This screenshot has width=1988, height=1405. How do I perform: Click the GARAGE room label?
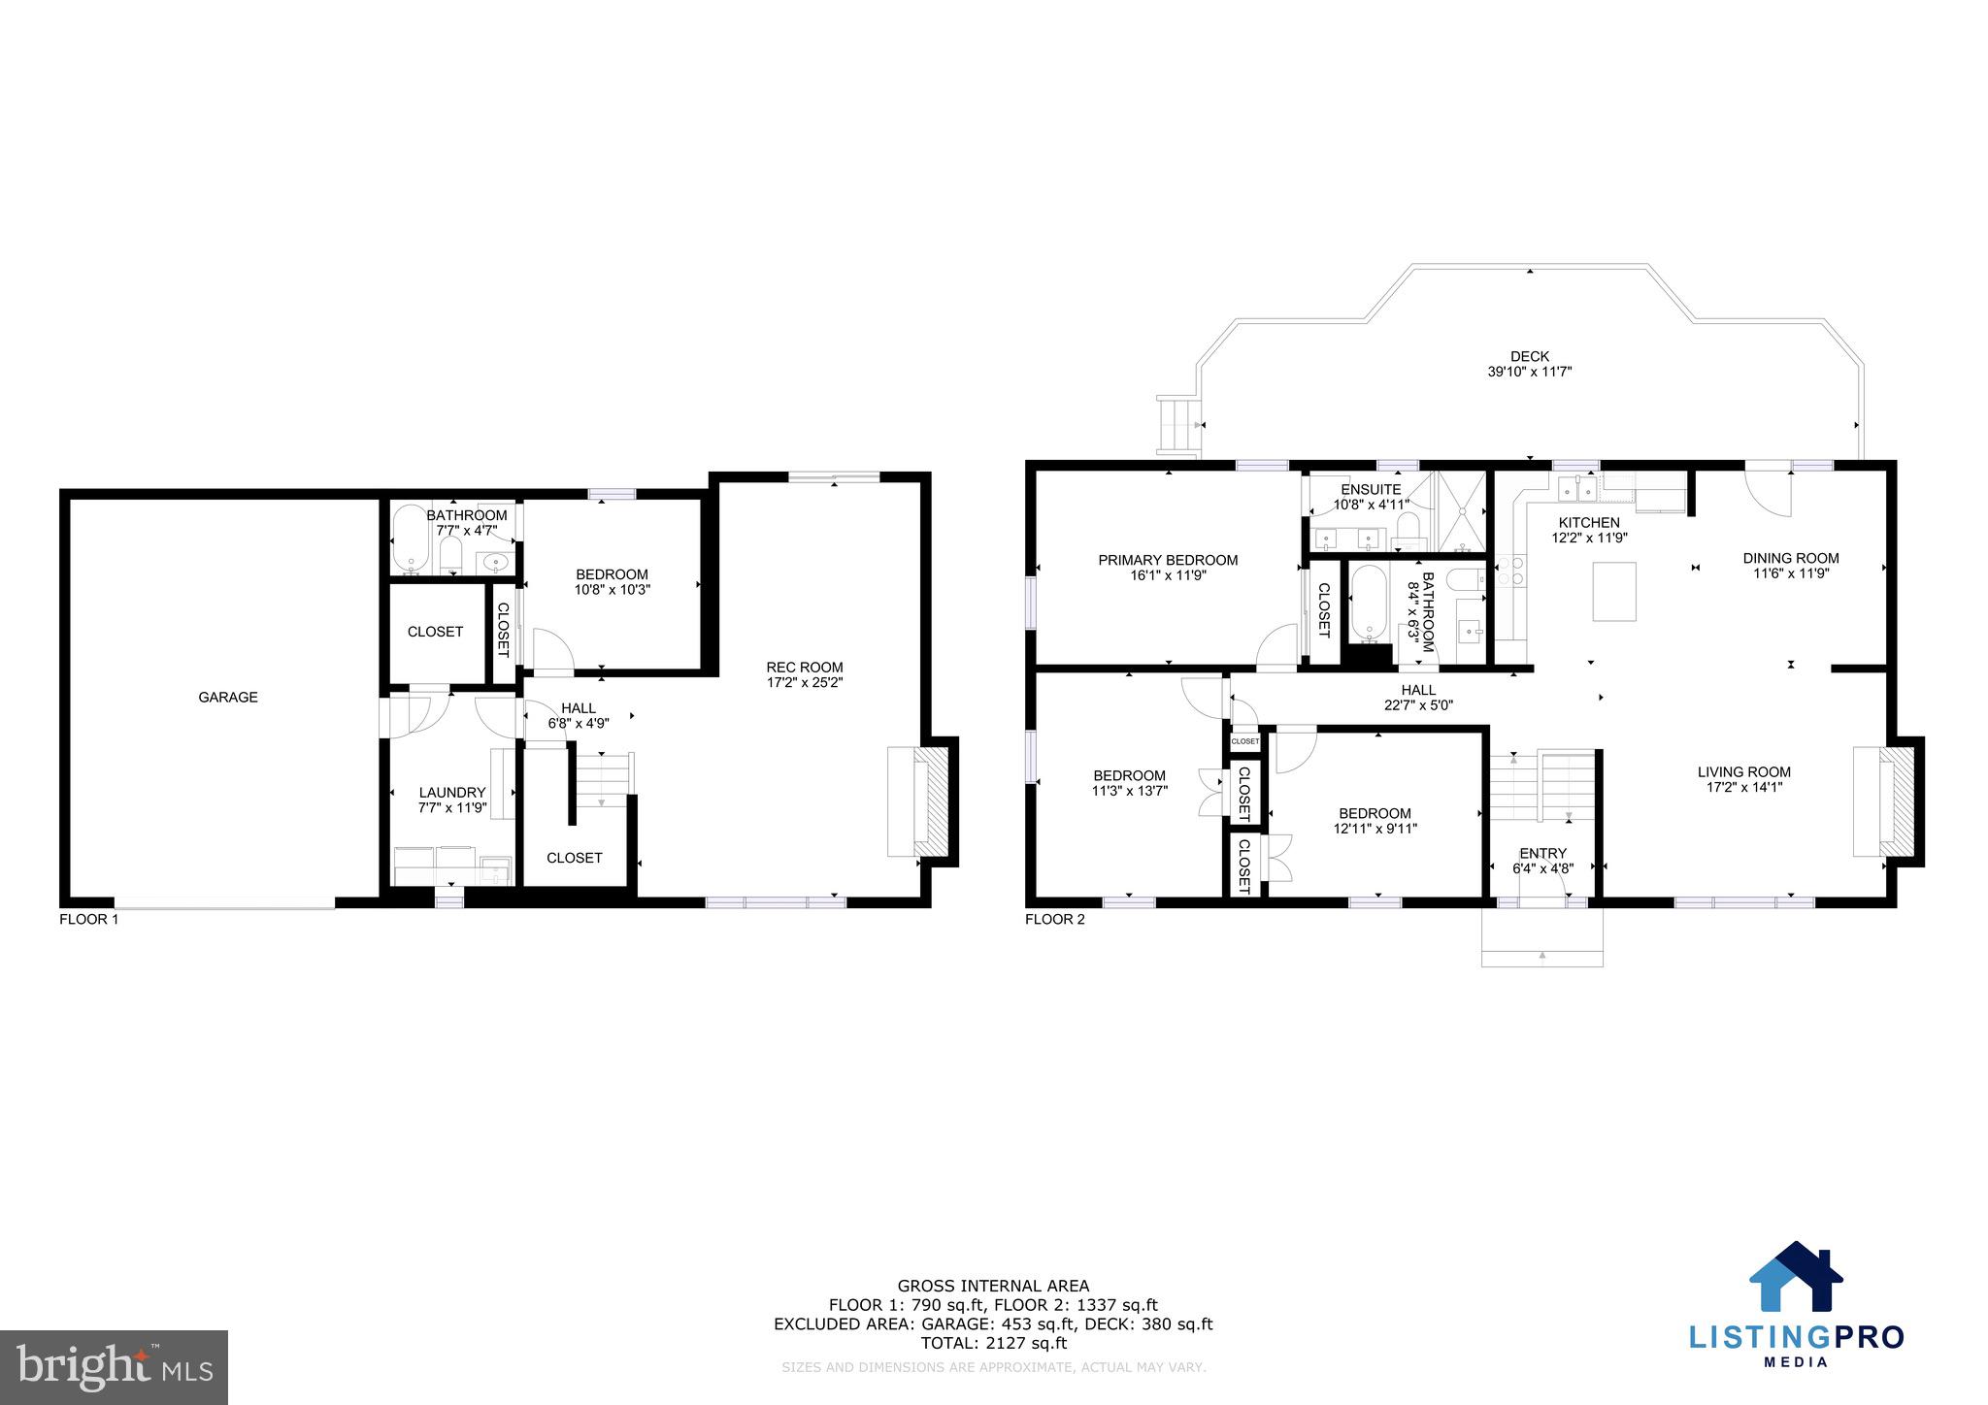click(228, 697)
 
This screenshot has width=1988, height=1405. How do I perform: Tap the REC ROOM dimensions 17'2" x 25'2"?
click(805, 682)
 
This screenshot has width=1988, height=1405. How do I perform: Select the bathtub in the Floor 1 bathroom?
click(410, 539)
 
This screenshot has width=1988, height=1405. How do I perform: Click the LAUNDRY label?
click(451, 792)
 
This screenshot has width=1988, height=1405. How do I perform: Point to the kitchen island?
click(1614, 591)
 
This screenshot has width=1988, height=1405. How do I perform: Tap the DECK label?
click(1530, 356)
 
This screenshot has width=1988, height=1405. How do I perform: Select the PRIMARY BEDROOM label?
click(1168, 560)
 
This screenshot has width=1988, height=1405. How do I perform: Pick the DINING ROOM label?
click(1791, 558)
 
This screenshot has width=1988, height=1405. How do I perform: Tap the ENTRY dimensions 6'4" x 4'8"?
click(1542, 868)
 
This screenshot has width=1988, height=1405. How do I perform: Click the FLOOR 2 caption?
click(1055, 919)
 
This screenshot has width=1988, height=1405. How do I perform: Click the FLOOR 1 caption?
click(89, 919)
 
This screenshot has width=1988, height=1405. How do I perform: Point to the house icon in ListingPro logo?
click(1795, 1277)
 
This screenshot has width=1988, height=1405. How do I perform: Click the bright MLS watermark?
click(114, 1367)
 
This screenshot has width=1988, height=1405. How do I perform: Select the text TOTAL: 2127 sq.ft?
click(993, 1343)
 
